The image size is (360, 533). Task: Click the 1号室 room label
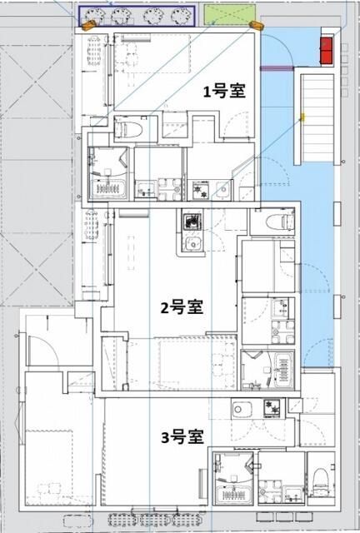click(x=224, y=92)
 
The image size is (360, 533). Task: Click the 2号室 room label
click(x=182, y=307)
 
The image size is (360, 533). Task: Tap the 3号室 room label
click(x=182, y=436)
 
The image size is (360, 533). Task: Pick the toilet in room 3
click(x=322, y=481)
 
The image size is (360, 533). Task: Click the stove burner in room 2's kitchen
click(x=192, y=223)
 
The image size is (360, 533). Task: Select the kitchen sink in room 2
click(x=192, y=245)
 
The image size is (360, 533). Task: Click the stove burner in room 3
click(x=271, y=407)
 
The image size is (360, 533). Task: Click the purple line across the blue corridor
click(x=276, y=70)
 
